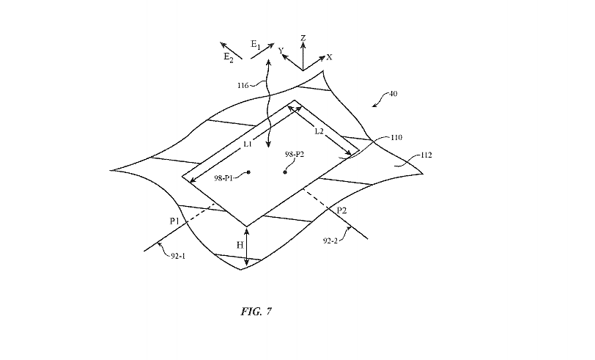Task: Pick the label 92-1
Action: pos(175,255)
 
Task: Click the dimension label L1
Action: pos(248,144)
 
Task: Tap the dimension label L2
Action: pos(319,131)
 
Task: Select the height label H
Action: pos(239,245)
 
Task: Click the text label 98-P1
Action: pos(228,177)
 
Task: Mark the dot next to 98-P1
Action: pos(248,172)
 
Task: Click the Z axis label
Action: pos(303,37)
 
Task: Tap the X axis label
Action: pos(329,57)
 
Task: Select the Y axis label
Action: pos(281,50)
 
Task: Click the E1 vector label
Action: pos(256,45)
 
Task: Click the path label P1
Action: pos(174,220)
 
